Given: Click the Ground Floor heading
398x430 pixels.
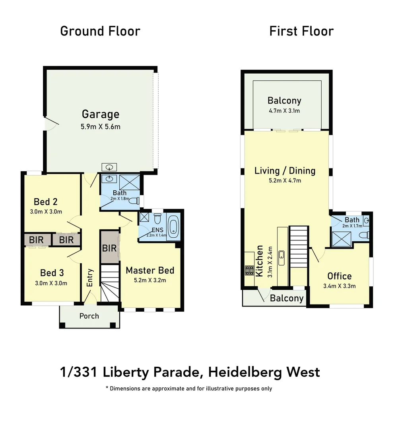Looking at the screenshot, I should point(100,31).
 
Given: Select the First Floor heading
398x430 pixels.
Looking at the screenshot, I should point(301,31).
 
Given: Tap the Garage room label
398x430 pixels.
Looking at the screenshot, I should point(100,114).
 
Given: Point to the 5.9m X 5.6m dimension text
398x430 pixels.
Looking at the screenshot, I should point(101,127).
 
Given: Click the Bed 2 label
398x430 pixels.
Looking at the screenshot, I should point(46,201).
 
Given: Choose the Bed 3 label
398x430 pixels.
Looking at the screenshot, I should point(52,273).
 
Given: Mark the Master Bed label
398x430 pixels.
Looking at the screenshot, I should point(150,270).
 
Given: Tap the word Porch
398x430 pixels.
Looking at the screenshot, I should point(89,316).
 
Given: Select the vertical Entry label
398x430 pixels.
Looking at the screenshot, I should point(90,278).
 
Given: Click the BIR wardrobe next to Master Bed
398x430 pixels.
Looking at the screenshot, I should point(109,248).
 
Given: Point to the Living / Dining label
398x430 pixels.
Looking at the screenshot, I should point(285,171).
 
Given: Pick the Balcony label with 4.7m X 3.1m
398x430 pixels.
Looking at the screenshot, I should point(284,100).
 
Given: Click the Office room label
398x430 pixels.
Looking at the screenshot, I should point(339,276).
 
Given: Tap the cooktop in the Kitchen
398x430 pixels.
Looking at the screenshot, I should point(249,270).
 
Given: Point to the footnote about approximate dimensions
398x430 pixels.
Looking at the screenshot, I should point(189,388).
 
